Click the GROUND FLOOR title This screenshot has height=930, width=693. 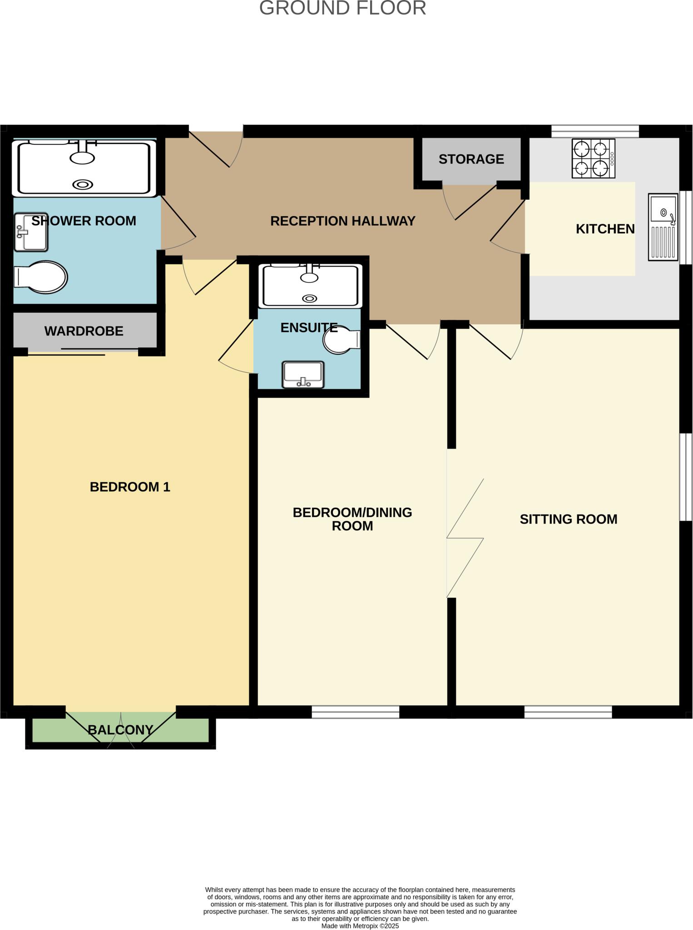click(342, 8)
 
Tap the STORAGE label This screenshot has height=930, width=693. click(471, 159)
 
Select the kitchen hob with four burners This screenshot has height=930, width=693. click(593, 158)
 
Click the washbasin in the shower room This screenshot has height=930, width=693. click(30, 232)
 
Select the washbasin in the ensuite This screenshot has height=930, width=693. click(303, 375)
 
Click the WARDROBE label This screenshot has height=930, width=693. click(84, 331)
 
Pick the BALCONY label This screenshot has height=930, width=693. click(120, 730)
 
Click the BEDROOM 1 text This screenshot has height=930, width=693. click(130, 487)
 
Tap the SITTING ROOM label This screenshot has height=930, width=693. click(568, 519)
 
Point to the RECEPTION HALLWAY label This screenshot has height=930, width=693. click(342, 221)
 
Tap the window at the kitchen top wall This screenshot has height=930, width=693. click(595, 132)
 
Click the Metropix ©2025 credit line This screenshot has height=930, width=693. click(360, 926)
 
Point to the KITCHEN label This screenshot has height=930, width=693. click(605, 229)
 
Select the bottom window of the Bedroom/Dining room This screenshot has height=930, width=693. click(355, 712)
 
